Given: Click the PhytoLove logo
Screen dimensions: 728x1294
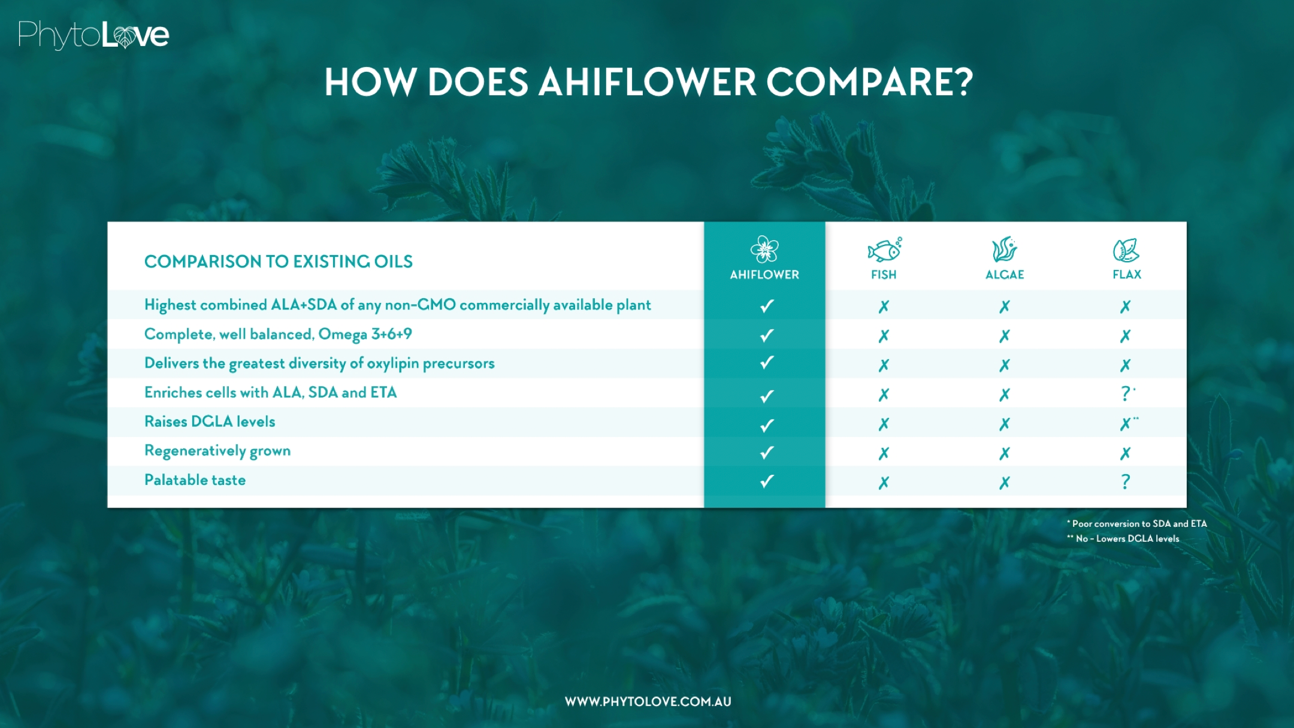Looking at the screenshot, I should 93,35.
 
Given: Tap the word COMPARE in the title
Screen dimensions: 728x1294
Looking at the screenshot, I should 870,82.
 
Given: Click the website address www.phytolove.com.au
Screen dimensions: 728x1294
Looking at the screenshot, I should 648,702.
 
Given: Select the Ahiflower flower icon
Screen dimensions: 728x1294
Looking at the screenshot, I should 764,249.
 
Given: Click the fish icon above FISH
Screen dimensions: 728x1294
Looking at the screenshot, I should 884,250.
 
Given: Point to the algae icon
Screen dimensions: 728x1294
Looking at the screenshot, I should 1005,250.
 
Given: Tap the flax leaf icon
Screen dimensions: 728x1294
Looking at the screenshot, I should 1126,250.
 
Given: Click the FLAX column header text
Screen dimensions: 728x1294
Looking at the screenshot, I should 1127,275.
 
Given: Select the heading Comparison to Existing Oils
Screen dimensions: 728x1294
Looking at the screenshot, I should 279,262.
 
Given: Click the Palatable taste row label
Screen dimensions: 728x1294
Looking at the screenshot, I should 195,480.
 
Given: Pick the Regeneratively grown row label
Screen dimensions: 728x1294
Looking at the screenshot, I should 217,451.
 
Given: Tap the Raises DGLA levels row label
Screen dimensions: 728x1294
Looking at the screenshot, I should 210,421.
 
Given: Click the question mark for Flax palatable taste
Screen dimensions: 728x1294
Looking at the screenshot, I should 1126,481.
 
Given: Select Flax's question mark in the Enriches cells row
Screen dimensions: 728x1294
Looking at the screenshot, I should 1126,393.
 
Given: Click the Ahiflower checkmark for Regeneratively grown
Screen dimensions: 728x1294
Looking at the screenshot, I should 767,453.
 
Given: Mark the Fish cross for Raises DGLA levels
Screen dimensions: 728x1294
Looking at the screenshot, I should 884,424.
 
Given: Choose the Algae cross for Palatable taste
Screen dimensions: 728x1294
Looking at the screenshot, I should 1005,483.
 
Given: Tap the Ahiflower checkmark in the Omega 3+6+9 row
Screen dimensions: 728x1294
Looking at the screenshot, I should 767,335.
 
